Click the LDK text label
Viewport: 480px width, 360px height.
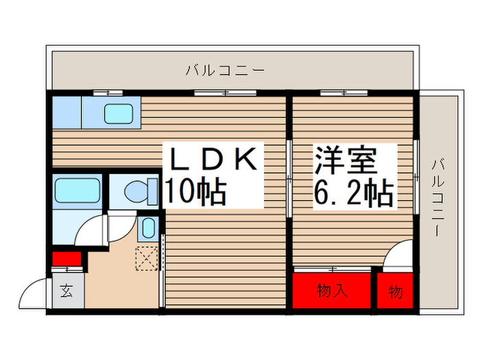point(212,159)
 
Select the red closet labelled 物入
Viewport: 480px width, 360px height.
point(332,291)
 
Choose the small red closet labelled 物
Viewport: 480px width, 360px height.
point(396,291)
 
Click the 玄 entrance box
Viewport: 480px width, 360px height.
point(67,291)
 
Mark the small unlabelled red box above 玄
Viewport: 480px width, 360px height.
point(67,259)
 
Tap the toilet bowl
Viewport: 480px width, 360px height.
point(137,191)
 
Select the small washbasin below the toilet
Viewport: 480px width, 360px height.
point(147,228)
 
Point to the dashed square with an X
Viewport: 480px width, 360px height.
point(146,259)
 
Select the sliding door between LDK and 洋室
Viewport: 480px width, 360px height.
point(289,180)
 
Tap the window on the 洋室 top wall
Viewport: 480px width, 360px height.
point(344,92)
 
